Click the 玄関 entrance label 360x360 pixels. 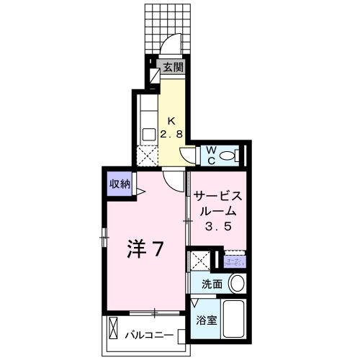(x=171, y=68)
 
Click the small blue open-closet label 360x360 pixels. (x=235, y=262)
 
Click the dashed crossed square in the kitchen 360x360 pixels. (x=148, y=155)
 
